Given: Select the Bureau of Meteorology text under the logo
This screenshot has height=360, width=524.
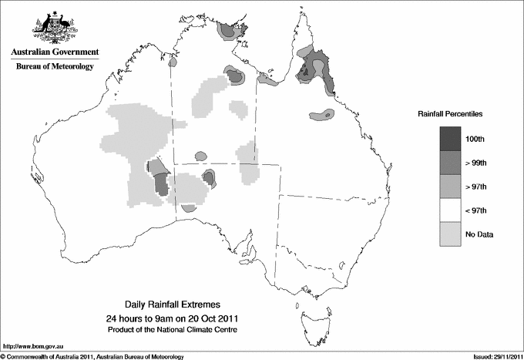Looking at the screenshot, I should (54, 66).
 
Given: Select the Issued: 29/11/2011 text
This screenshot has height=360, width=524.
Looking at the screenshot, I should (493, 355).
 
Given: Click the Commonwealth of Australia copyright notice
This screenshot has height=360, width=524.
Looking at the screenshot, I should (92, 355).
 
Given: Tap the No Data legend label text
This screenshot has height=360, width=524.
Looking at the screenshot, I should (480, 234).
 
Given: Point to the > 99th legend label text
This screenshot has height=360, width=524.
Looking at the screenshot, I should (476, 163).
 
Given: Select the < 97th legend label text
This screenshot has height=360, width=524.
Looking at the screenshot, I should (476, 210).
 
